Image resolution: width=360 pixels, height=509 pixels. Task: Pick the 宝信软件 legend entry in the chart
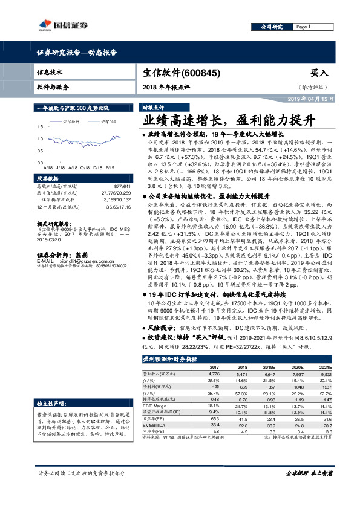(x=74, y=122)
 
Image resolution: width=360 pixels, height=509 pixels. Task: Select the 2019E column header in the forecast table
(x=269, y=367)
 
